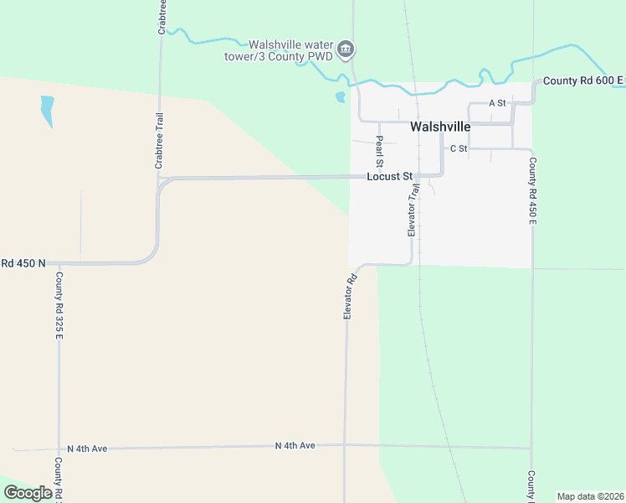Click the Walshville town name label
pos(440,127)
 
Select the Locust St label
pos(390,177)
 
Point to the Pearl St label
pos(379,151)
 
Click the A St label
pos(498,103)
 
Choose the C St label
pos(458,148)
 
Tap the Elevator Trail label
pos(412,210)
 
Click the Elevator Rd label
pos(351,295)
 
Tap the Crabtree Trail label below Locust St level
pos(159,141)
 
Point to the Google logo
pos(28,493)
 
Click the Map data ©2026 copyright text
pos(590,496)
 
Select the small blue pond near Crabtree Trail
pos(47,110)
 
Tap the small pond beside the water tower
pos(340,96)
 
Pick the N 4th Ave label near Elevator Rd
pos(295,445)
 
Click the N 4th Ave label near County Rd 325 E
pos(88,449)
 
